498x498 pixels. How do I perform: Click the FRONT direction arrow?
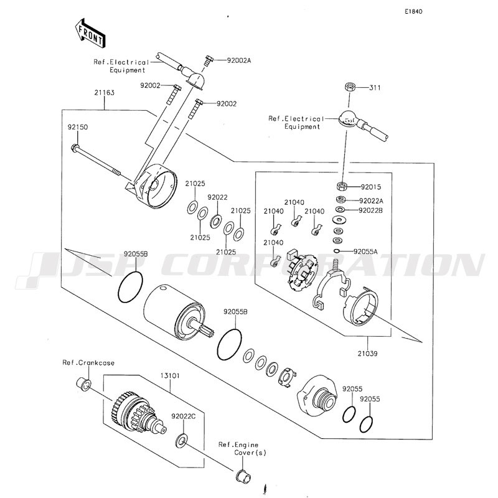90,33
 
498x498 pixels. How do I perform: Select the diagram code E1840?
413,12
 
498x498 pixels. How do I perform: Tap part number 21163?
104,93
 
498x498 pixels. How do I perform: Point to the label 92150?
77,127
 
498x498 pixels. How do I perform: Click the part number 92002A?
239,60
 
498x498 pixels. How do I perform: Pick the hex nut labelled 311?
350,87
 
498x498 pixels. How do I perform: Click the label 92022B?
370,210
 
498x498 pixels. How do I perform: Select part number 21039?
367,354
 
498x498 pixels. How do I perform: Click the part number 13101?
170,376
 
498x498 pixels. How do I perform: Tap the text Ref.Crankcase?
88,363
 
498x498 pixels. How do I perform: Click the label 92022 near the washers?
217,197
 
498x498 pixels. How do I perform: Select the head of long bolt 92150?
75,148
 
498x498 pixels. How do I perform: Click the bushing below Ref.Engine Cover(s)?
243,476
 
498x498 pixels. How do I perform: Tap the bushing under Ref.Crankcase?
83,383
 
